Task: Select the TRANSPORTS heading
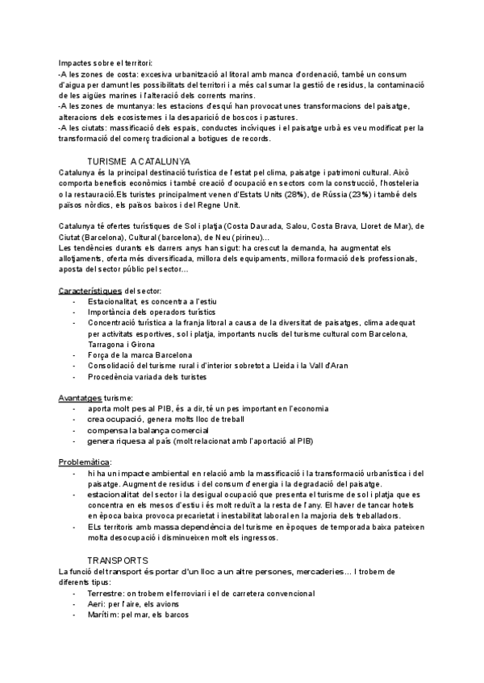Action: pos(118,560)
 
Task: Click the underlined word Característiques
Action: pos(90,289)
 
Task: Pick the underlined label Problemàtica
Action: pos(83,462)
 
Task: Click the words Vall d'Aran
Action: pos(328,366)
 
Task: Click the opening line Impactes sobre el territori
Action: pos(105,63)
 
